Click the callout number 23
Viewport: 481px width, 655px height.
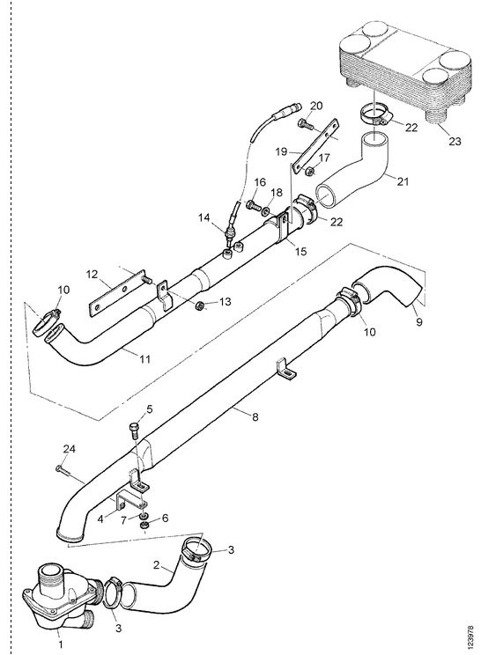tap(455, 141)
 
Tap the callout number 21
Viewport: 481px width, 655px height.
tap(403, 181)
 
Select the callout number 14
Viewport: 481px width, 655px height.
tap(203, 217)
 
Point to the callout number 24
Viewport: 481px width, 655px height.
tap(70, 449)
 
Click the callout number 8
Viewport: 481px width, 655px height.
tap(255, 417)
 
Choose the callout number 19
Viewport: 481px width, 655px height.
tap(281, 151)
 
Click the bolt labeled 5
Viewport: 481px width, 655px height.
tap(135, 430)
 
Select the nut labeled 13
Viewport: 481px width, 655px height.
tap(200, 306)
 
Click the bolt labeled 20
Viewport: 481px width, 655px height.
tap(303, 123)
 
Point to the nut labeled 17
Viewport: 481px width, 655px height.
tap(310, 171)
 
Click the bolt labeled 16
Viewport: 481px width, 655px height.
tap(252, 204)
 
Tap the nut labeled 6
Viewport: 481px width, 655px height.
tap(144, 525)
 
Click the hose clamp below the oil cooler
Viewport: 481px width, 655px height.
tap(375, 115)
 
